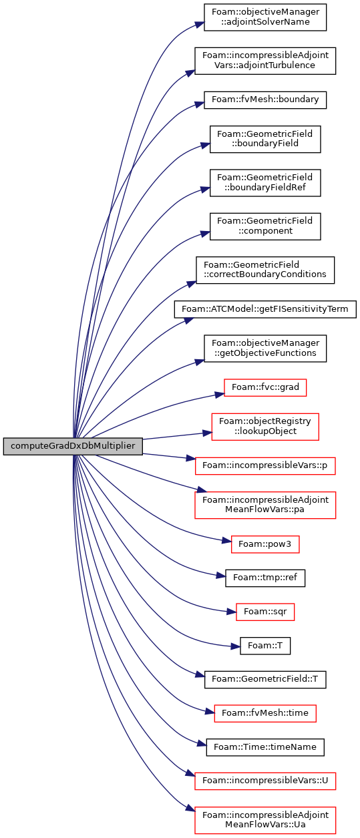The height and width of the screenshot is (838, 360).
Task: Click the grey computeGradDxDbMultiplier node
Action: tap(73, 446)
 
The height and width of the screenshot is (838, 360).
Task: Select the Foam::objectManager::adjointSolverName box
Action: tap(265, 17)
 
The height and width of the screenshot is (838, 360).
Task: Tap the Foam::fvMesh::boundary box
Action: tap(265, 100)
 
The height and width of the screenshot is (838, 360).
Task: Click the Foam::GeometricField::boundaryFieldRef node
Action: tap(265, 182)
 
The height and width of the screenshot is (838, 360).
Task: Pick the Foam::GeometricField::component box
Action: tap(265, 226)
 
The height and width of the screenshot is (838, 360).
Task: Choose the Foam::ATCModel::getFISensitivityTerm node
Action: tap(265, 309)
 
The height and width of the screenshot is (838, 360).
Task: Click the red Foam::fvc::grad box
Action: tap(265, 387)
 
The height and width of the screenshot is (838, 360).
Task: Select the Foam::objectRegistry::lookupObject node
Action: tap(265, 427)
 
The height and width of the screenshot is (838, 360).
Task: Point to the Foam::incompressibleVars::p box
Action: tap(265, 466)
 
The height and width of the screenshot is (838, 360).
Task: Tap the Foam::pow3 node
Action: tap(265, 544)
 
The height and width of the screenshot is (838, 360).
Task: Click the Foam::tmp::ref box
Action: tap(265, 578)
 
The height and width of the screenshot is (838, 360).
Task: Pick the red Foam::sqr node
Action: tap(265, 612)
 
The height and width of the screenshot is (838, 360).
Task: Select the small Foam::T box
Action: tap(265, 646)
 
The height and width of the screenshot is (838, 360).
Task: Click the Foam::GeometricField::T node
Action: tap(265, 679)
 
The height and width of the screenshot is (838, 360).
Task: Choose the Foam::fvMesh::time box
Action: tap(265, 713)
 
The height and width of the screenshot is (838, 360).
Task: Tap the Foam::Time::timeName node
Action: tap(265, 747)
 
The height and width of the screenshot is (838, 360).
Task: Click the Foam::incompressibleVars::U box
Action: tap(265, 781)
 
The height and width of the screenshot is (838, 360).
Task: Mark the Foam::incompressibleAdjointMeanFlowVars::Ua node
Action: tap(265, 820)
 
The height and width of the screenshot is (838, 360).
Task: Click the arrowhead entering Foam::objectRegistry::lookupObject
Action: tap(207, 433)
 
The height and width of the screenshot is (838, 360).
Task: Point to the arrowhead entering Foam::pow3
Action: tap(227, 541)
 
